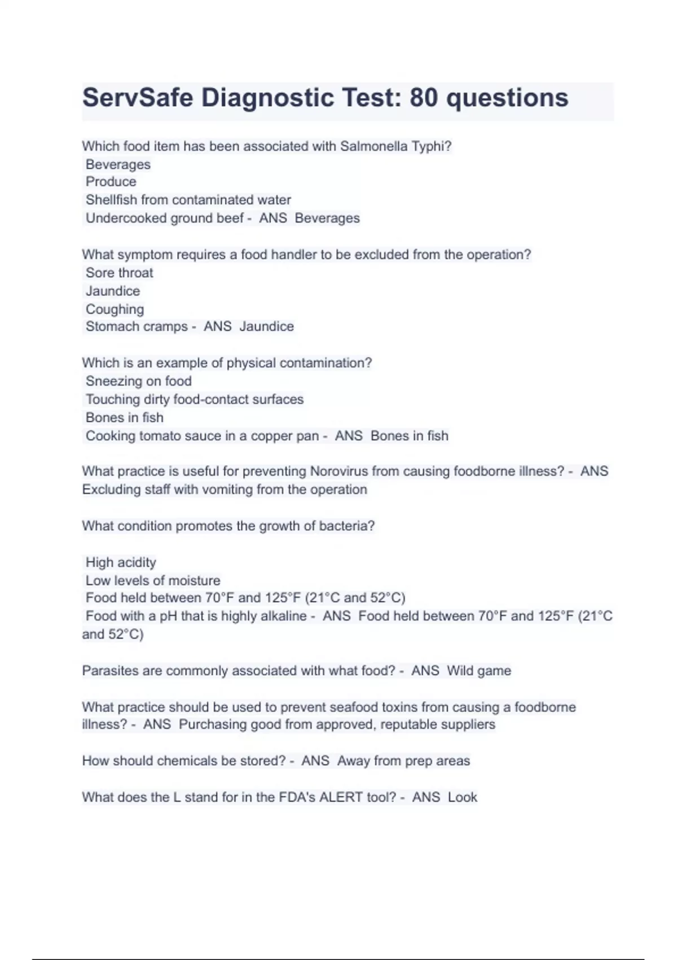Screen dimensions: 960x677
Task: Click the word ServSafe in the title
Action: (x=138, y=98)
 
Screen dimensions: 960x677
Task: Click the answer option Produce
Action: (x=111, y=182)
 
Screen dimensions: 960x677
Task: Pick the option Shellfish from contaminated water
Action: (x=188, y=200)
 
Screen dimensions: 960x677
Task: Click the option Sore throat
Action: (x=119, y=273)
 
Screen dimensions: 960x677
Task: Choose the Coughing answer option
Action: (x=115, y=309)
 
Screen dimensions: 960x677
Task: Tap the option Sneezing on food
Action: (x=138, y=381)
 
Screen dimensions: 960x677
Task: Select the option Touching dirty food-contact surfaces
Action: (x=194, y=399)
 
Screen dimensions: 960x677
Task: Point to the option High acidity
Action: (x=121, y=562)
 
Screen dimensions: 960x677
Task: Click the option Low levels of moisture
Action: (x=152, y=581)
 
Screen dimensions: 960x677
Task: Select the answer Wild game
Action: (x=479, y=671)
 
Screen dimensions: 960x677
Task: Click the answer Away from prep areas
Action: (x=403, y=761)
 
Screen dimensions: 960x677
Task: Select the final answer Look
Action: (x=463, y=797)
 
